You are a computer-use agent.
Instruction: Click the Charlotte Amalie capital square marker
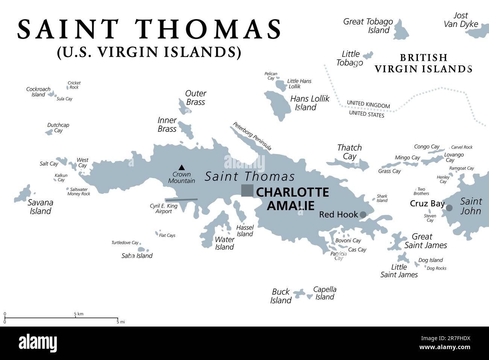(247, 191)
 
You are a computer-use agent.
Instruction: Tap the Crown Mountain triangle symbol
(182, 167)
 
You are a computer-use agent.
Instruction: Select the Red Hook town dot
(363, 215)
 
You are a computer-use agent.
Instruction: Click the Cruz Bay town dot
(449, 208)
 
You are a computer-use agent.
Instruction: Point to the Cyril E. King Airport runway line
(181, 200)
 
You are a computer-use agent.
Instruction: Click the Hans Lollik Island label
(309, 103)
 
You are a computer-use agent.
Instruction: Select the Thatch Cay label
(349, 152)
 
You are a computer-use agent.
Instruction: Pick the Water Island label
(225, 243)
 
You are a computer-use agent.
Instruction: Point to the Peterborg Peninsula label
(252, 136)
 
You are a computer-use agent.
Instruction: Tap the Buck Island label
(281, 296)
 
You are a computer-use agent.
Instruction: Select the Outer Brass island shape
(184, 107)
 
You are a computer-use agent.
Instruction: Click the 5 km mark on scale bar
(76, 314)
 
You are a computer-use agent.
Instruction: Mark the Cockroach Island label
(38, 92)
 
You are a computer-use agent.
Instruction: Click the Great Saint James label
(425, 241)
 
